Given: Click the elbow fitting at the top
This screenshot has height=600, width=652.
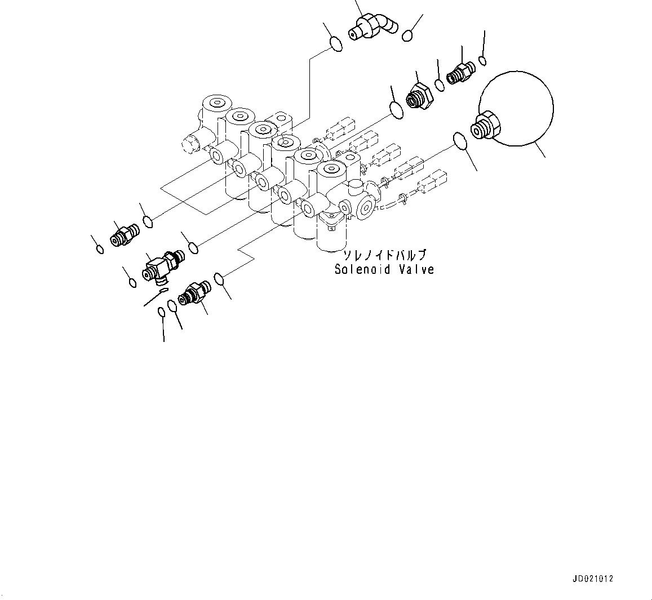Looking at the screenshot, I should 371,27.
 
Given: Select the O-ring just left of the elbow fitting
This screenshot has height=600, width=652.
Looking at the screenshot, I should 335,44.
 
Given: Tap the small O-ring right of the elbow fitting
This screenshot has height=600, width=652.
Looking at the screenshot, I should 407,36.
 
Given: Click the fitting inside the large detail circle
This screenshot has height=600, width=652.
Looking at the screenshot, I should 484,126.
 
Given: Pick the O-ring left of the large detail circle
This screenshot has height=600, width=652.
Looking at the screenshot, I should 460,141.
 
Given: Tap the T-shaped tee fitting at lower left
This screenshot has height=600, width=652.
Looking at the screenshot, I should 161,265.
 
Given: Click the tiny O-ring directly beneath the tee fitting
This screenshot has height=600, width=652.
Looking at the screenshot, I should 163,291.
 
